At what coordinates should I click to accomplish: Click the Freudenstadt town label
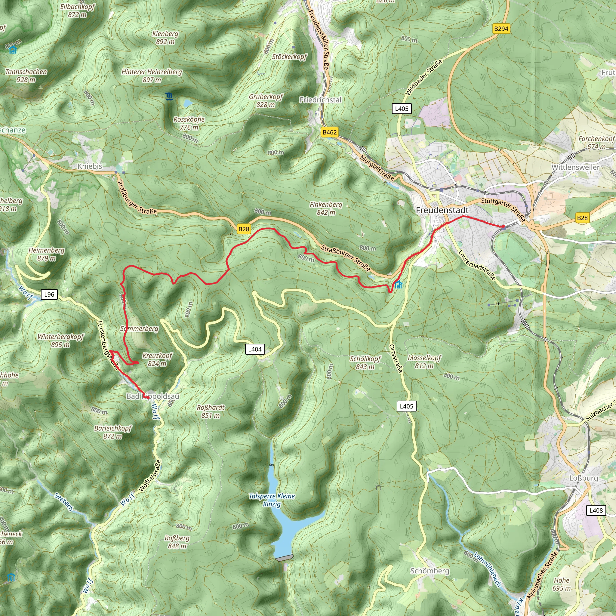pos(442,210)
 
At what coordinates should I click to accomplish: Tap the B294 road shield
pos(501,29)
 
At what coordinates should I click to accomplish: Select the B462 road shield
pos(329,132)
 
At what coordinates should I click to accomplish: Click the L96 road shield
pos(49,294)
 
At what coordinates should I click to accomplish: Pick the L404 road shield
pos(255,349)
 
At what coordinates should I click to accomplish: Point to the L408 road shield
pos(596,510)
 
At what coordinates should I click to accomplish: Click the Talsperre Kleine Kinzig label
pos(272,500)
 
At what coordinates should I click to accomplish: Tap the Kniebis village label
pos(90,166)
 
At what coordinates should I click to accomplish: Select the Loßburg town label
pos(584,478)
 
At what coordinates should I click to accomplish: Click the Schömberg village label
pos(430,571)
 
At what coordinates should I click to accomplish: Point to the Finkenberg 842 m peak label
pos(326,208)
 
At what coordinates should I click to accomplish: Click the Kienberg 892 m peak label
pos(165,38)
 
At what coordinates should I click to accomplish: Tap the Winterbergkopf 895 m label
pos(60,340)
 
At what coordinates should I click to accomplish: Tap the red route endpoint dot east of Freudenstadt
pos(503,227)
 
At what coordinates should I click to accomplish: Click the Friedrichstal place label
pos(320,100)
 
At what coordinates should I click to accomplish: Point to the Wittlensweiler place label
pos(575,167)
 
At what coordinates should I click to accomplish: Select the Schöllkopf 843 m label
pos(365,362)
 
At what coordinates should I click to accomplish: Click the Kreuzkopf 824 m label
pos(157,359)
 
